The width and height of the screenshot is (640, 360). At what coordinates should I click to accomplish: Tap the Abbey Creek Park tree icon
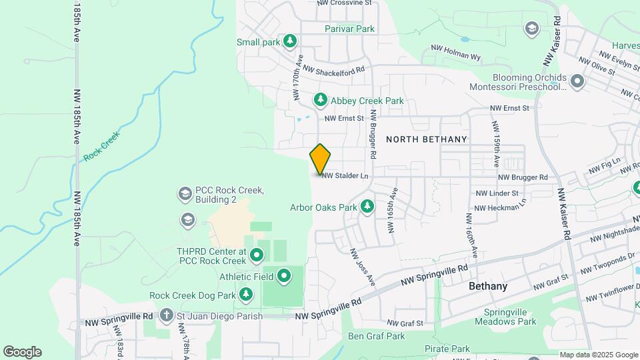point(321,100)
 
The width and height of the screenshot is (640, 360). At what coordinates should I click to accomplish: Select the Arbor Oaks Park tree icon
point(367,207)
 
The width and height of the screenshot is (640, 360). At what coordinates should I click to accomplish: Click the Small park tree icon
point(289,42)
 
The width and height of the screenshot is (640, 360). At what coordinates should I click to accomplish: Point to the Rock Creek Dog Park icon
point(246,295)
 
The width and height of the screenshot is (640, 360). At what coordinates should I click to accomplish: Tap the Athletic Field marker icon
point(285,275)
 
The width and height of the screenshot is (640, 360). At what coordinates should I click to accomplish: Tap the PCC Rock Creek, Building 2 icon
point(185,194)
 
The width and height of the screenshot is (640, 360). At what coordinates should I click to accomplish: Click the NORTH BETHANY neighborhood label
point(427,139)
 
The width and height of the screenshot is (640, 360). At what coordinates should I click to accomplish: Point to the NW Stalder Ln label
point(345,176)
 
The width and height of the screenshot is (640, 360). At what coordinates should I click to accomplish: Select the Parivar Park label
point(350,29)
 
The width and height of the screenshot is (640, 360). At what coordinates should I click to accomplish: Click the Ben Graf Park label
point(377,336)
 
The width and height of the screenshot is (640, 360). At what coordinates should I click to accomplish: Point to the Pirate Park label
point(447,349)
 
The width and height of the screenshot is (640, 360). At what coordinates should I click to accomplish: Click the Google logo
point(22,351)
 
